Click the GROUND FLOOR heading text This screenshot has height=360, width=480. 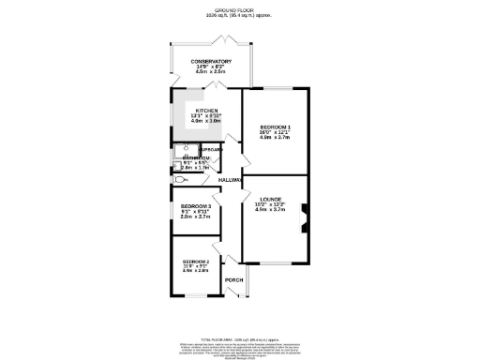click(x=240, y=9)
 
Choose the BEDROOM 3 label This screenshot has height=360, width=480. click(x=196, y=204)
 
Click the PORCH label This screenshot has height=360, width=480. click(x=233, y=280)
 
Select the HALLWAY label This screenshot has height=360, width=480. click(x=231, y=179)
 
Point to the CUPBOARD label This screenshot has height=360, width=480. click(x=211, y=150)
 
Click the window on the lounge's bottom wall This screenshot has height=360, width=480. click(x=276, y=263)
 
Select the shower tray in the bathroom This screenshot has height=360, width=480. click(x=180, y=151)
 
